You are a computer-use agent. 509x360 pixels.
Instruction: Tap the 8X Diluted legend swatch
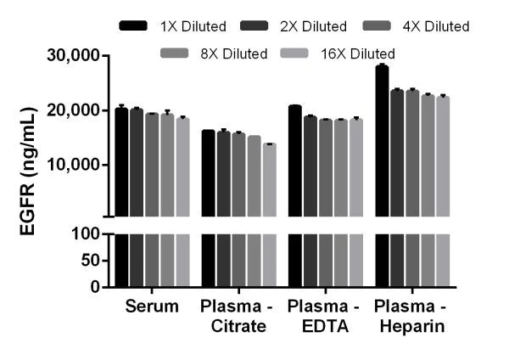(182, 53)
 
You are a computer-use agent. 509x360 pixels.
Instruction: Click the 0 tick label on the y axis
(96, 287)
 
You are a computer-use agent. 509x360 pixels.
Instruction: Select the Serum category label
(152, 306)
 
